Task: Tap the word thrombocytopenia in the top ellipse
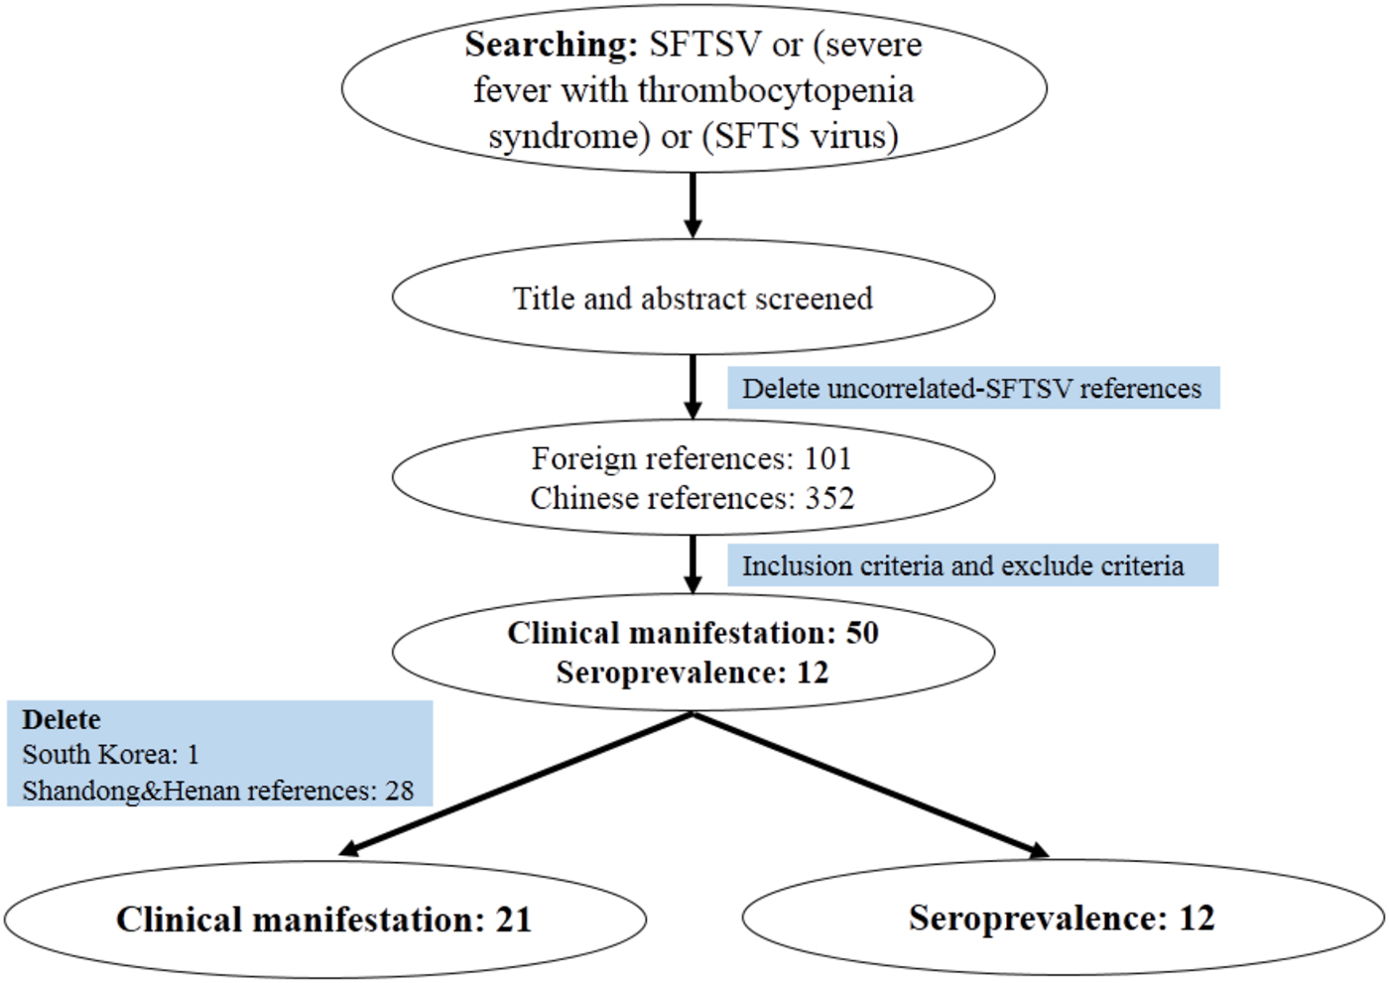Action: (776, 90)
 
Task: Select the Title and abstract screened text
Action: (693, 298)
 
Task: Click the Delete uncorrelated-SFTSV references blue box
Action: (972, 388)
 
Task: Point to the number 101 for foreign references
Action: (827, 458)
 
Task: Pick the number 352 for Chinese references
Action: (829, 498)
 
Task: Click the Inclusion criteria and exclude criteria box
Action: (972, 565)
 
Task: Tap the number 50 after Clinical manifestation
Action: (862, 633)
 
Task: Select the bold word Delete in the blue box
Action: (62, 719)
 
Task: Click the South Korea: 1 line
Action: (110, 755)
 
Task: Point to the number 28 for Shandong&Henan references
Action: (399, 791)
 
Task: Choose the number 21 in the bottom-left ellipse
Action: (514, 920)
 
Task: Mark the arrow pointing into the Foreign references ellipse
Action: (693, 387)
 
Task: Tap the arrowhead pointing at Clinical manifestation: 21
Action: (349, 848)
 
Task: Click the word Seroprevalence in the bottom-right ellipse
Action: (1037, 919)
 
